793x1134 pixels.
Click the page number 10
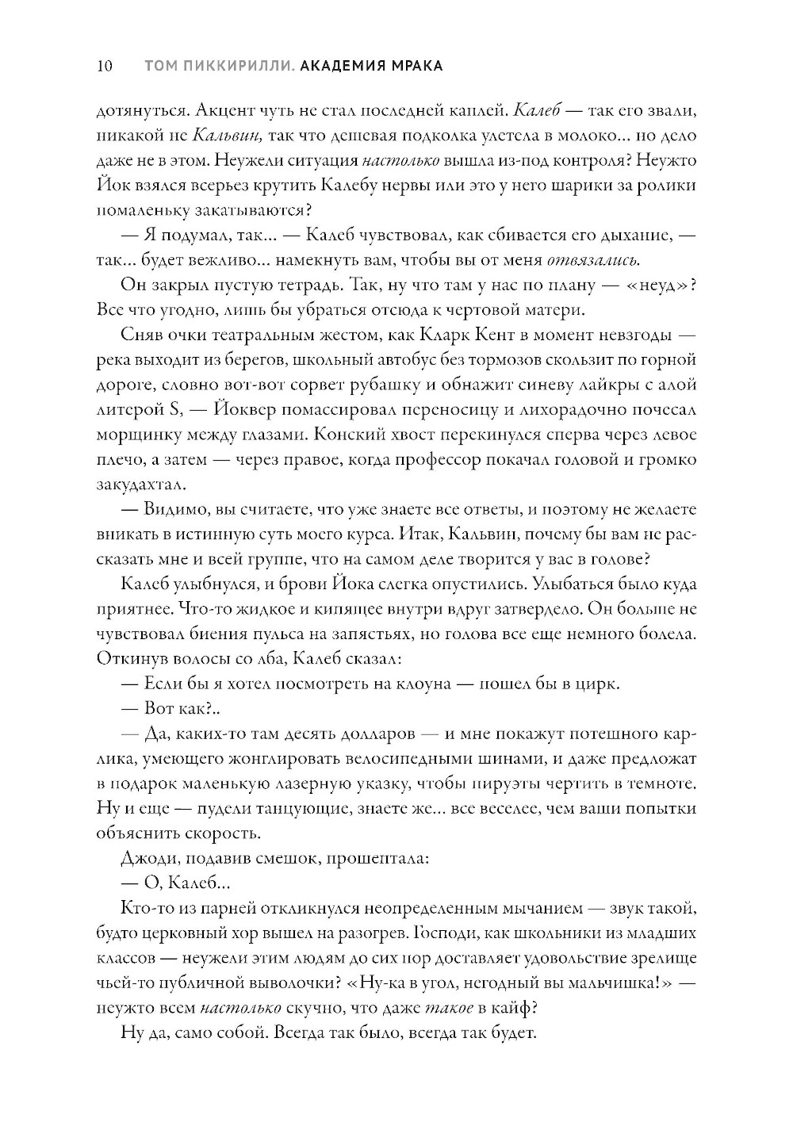[104, 66]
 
